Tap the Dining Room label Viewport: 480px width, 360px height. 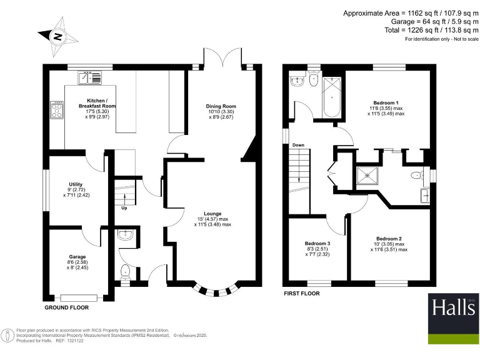[221, 106]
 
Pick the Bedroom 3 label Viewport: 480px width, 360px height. [317, 244]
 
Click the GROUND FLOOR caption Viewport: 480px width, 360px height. [66, 308]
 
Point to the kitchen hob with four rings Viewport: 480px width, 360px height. [56, 110]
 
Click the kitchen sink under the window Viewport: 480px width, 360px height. [89, 77]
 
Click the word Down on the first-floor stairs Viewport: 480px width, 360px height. [298, 146]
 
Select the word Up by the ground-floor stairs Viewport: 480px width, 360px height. [124, 208]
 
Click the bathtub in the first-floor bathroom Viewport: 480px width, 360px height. [330, 101]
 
